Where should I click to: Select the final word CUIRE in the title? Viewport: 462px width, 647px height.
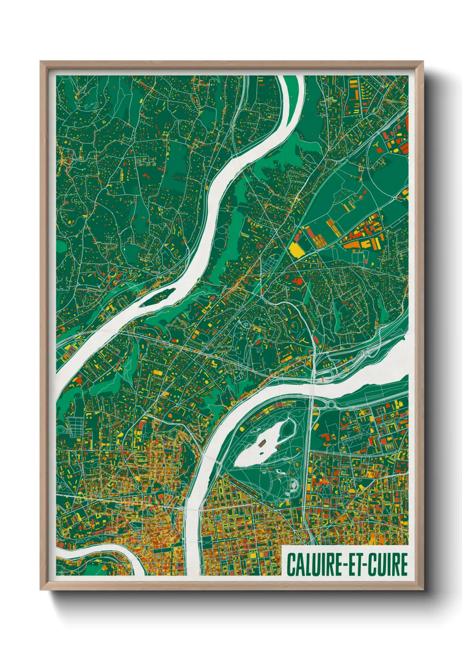(x=388, y=564)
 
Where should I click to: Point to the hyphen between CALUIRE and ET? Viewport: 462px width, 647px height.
(x=345, y=565)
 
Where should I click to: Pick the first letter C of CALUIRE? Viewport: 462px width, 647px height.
(x=290, y=564)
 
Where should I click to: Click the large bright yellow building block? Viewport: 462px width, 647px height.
(x=296, y=249)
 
